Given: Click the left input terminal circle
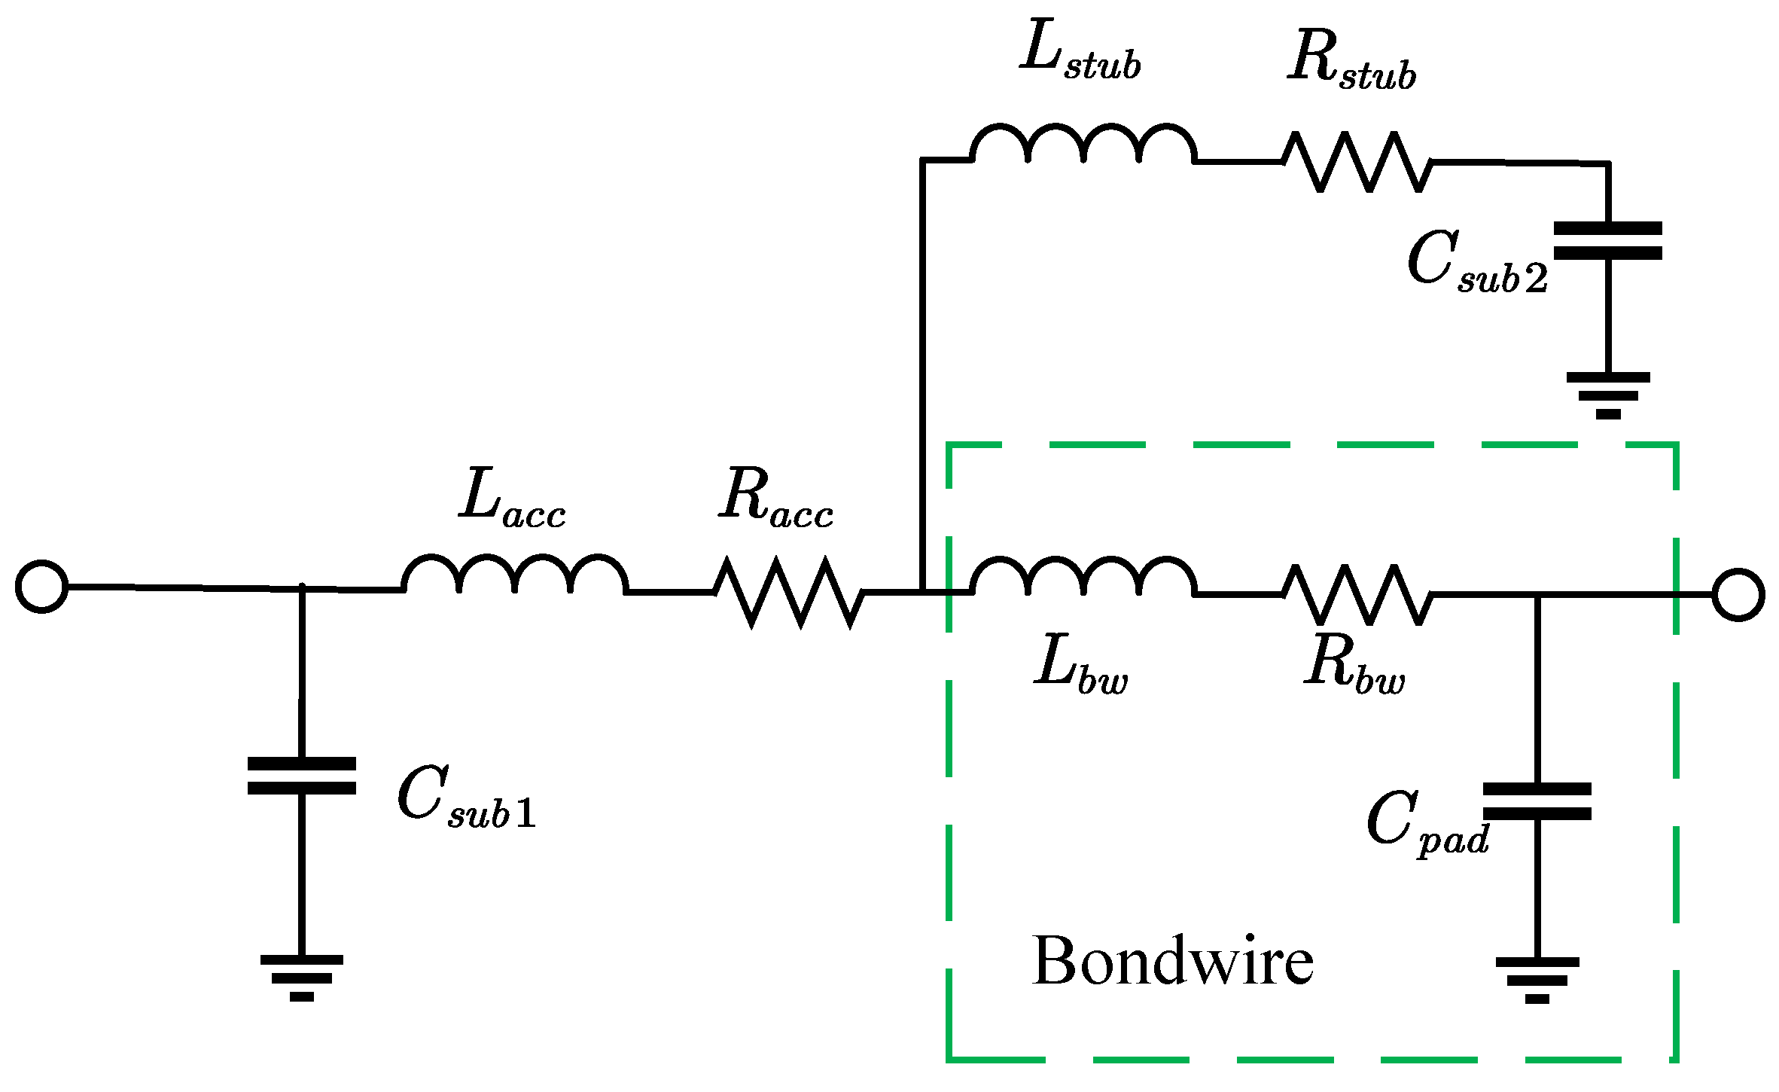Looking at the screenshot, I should (x=42, y=586).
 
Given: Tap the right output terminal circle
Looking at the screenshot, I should (x=1738, y=595).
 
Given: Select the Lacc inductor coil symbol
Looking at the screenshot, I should (x=515, y=576).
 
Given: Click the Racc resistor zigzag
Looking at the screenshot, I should (x=788, y=592).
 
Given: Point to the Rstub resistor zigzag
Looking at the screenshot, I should (x=1357, y=161).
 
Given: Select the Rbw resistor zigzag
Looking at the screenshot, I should (x=1357, y=595).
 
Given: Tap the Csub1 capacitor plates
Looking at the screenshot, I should (x=301, y=776).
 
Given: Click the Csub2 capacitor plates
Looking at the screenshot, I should (x=1607, y=241).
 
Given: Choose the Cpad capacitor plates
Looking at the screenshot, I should (x=1537, y=801).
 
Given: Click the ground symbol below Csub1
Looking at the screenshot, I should (x=301, y=978).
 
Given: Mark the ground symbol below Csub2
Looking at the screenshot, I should (x=1608, y=395).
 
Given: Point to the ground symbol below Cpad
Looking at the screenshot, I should (x=1537, y=980).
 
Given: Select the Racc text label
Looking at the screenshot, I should (x=775, y=497).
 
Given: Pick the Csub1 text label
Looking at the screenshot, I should (x=467, y=798).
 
